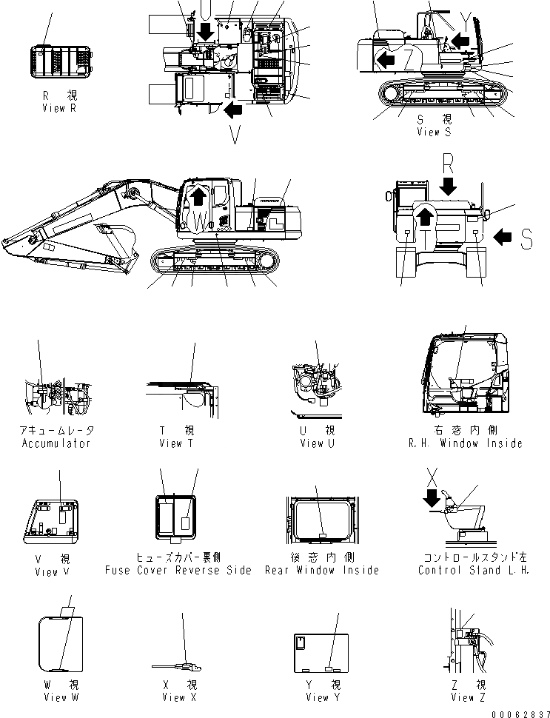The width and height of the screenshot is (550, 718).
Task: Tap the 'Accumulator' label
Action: point(56,443)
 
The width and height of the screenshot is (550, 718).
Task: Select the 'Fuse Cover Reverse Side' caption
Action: point(178,570)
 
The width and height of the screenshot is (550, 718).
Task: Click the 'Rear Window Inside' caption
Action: point(325,570)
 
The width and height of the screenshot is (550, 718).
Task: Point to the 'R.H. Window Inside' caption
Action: point(465,443)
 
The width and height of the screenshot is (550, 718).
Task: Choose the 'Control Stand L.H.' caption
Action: point(474,570)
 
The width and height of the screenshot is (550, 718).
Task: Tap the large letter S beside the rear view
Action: point(526,238)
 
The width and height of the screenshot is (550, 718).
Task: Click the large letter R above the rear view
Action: point(447,161)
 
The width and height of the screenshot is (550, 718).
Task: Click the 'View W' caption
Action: point(56,697)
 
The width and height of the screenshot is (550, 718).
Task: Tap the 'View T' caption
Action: point(177,443)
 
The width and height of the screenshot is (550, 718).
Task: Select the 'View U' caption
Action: point(317,443)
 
